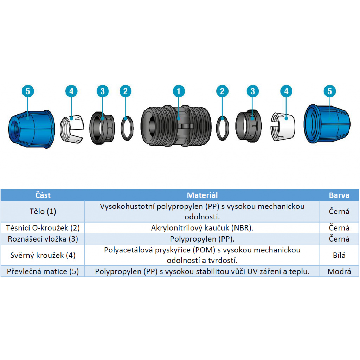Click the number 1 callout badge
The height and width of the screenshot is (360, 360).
coord(179,91)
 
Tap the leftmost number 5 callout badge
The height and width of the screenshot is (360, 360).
coord(28,91)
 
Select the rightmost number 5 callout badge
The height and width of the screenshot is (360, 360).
coord(330,91)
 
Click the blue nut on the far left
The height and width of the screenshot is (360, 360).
coord(32,129)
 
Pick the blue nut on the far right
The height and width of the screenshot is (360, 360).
coord(327,124)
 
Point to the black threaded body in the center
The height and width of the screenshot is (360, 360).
coord(176,126)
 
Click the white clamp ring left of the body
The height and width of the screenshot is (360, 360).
coord(72,129)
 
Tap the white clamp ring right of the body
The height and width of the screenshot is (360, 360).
coord(283,126)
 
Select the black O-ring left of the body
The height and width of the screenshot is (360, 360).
coord(127,128)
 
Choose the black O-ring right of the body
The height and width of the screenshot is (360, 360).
coord(222,128)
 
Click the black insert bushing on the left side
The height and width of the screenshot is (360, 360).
coord(102,128)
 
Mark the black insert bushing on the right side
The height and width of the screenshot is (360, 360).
coord(249,126)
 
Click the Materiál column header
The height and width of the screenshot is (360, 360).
coord(202,195)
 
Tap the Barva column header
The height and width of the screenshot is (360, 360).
coord(339,195)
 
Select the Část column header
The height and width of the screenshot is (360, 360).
coord(43,195)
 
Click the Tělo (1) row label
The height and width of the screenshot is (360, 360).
coord(43,211)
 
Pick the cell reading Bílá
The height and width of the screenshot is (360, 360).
coord(339,255)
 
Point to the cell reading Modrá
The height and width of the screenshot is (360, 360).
coord(339,271)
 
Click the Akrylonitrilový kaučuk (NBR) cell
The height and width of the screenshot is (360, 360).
coord(202,228)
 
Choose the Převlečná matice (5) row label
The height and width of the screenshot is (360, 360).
coord(43,271)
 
